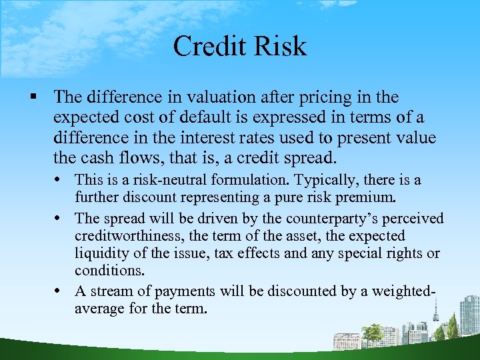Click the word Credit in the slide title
(x=205, y=46)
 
